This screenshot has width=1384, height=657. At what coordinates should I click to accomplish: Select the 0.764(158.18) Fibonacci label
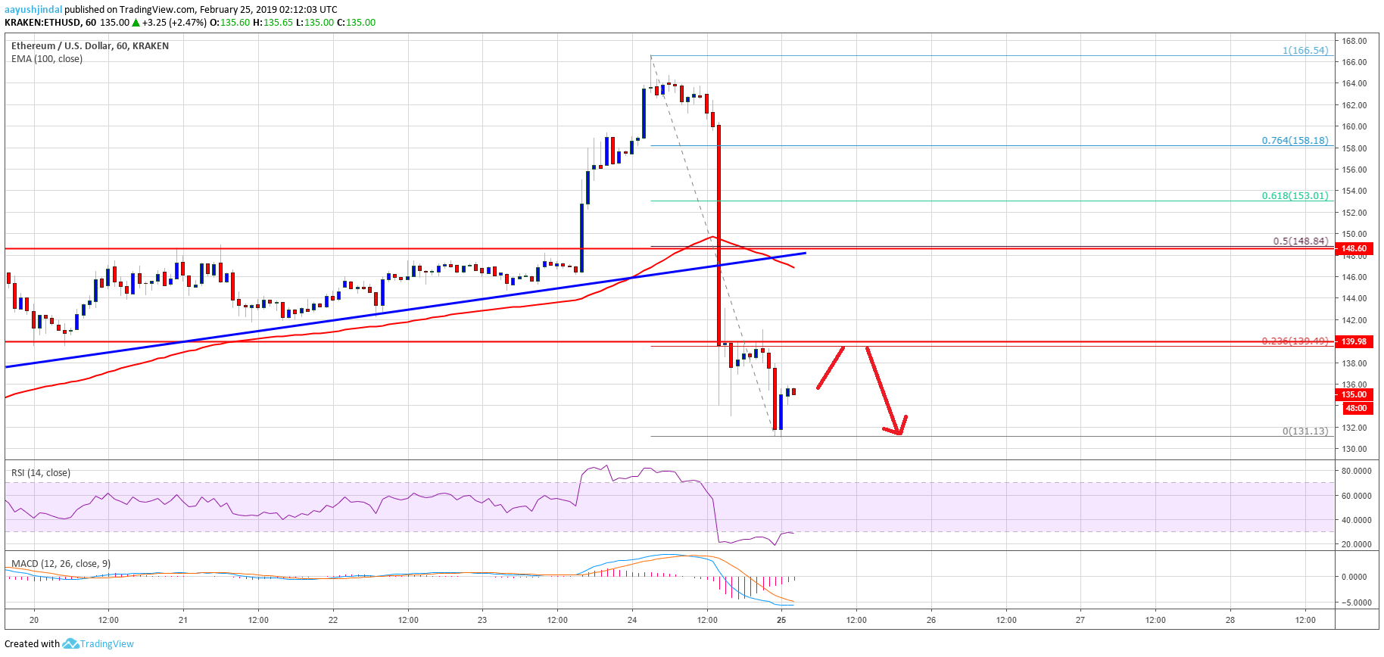pos(1295,140)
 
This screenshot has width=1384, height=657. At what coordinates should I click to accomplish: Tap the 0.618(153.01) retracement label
pos(1295,195)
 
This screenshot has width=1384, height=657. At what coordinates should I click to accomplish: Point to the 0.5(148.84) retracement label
pos(1300,241)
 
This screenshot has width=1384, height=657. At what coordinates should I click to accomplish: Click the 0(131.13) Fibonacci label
pos(1305,431)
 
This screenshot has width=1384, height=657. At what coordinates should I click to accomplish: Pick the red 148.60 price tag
pos(1354,248)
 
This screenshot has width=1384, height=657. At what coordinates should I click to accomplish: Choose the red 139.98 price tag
pos(1354,341)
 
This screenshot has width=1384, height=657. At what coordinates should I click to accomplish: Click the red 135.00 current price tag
pos(1354,394)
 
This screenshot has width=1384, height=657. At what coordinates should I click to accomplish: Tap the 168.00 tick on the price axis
pos(1354,41)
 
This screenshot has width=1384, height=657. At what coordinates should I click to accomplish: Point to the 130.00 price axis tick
pos(1354,449)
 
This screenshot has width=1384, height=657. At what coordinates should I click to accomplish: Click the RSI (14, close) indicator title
pos(41,473)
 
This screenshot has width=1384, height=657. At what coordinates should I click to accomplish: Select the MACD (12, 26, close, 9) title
pos(61,564)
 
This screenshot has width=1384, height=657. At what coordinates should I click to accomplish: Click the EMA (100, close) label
pos(47,59)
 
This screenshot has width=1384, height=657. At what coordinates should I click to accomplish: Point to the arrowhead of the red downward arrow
pos(899,433)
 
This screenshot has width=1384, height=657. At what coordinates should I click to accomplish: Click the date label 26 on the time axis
pos(931,620)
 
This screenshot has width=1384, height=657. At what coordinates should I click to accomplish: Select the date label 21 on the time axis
pos(183,620)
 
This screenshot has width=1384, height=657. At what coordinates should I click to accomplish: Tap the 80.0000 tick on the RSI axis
pos(1356,471)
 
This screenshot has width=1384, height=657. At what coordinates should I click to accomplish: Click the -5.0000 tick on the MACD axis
pos(1354,603)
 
